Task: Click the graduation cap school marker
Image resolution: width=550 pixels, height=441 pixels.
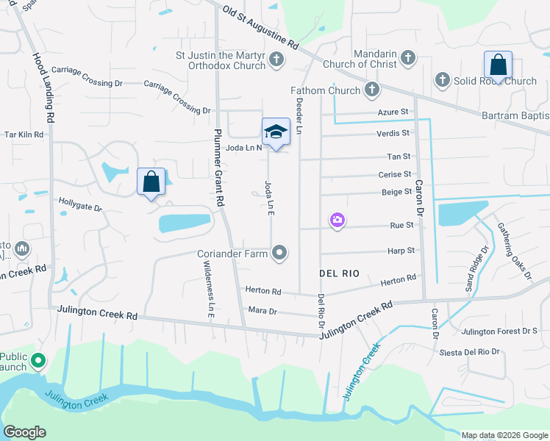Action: click(x=276, y=132)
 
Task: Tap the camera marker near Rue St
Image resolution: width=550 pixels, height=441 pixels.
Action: click(x=337, y=220)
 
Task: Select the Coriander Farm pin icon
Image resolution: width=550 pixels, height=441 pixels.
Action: click(x=279, y=254)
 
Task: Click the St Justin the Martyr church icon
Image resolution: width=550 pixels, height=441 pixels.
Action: click(x=276, y=59)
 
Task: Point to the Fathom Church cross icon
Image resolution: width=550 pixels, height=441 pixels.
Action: click(x=373, y=90)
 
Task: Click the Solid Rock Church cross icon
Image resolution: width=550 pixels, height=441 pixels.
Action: click(x=443, y=79)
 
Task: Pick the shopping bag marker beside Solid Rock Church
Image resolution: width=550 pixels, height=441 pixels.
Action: click(x=498, y=65)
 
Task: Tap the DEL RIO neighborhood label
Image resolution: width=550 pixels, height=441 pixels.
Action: click(x=340, y=273)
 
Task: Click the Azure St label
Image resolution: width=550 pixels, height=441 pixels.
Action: click(x=393, y=112)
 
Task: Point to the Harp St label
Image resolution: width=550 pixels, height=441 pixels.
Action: click(x=401, y=251)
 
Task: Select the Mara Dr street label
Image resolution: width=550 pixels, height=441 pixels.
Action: click(x=262, y=311)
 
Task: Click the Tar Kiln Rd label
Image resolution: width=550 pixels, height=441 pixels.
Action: click(x=24, y=135)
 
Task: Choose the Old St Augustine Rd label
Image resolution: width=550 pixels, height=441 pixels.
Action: click(x=261, y=30)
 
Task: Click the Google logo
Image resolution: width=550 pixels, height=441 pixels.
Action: click(x=25, y=431)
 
